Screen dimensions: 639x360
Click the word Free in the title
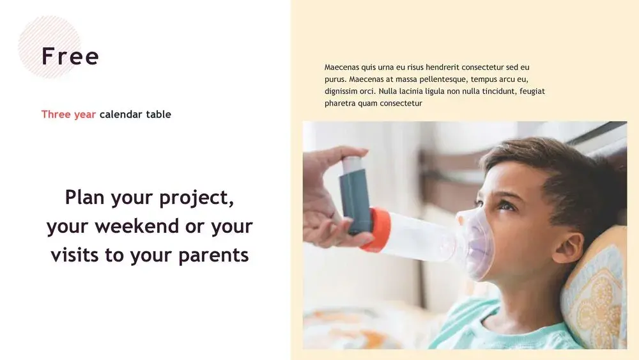70,56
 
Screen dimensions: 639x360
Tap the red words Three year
68,114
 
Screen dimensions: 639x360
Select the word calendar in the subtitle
121,114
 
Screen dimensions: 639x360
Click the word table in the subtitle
158,114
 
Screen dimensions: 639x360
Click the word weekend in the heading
137,226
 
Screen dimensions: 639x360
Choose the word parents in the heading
213,256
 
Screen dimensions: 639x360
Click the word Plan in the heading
85,197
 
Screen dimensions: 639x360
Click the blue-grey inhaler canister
355,195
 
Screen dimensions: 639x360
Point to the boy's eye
506,206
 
